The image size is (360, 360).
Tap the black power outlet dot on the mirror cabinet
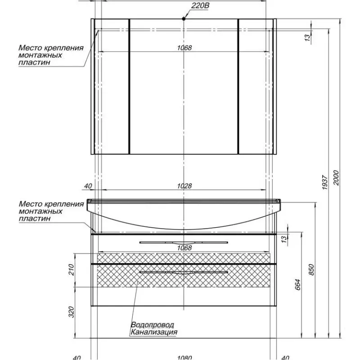184,18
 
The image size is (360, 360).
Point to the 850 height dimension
311,269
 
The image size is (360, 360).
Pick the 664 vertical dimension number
297,284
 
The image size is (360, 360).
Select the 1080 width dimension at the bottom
184,358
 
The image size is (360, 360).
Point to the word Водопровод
152,325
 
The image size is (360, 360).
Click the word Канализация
154,332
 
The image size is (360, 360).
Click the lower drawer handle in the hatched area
184,273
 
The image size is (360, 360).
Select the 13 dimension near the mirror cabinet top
307,38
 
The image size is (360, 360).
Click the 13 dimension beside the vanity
284,239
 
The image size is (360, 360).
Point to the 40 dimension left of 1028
88,186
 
